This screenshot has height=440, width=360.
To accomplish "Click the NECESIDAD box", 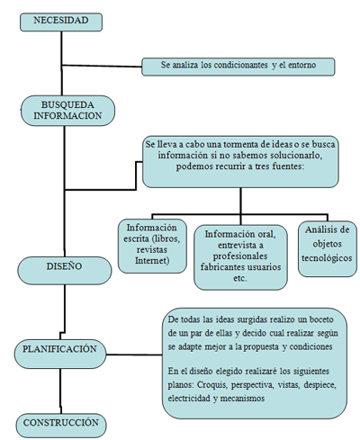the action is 61,22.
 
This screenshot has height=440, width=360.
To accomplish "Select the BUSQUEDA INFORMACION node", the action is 67,111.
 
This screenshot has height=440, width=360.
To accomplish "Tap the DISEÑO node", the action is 64,271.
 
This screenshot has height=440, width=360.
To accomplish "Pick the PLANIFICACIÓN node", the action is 60,354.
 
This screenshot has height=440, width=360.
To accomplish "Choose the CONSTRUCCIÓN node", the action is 61,426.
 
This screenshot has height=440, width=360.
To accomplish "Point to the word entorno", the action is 301,65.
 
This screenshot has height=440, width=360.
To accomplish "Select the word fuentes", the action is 288,166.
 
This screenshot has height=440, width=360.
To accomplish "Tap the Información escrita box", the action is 152,246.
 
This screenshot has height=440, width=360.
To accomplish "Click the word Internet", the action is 152,260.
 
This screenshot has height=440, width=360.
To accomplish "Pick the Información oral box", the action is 240,257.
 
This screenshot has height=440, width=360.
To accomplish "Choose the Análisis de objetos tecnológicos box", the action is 328,249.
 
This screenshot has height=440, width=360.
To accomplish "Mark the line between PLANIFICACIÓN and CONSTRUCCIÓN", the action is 60,391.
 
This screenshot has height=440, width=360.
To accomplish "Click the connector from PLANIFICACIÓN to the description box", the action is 134,355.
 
